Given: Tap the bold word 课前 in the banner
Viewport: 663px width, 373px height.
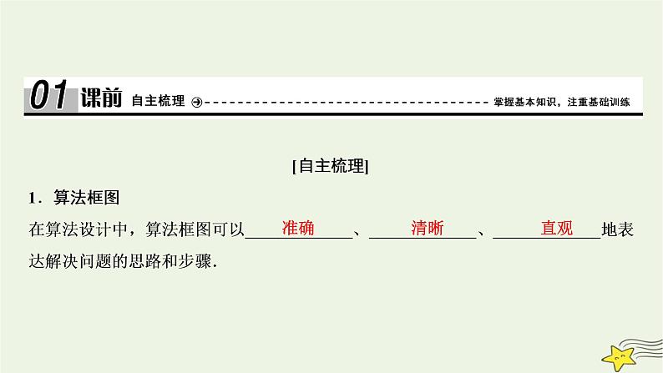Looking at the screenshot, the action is coord(102,99).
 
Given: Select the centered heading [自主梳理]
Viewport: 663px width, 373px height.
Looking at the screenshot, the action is coord(331,165).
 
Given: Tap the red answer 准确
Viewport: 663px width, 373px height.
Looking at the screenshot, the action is coord(298,227).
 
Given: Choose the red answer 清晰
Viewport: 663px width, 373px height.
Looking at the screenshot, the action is coord(428,227).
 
